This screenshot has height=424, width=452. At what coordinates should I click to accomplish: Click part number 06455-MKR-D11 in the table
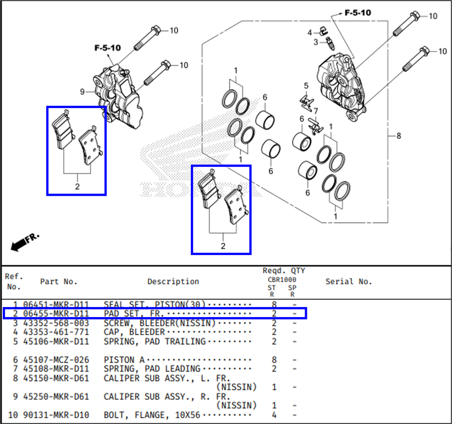55,313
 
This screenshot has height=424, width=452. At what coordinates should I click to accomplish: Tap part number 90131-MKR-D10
55,415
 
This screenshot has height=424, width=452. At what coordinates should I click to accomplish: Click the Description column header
173,281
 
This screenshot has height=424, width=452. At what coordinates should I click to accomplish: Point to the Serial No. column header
349,281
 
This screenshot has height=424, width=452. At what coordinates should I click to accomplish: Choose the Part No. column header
59,281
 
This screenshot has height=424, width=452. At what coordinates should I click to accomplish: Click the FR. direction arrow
25,242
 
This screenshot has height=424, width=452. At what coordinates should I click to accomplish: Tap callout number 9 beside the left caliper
82,92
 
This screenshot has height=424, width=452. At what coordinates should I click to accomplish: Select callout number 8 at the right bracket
398,136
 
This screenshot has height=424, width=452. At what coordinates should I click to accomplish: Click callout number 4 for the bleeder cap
310,32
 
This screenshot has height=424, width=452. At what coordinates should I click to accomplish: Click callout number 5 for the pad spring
306,86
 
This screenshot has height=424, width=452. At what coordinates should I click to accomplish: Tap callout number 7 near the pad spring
316,110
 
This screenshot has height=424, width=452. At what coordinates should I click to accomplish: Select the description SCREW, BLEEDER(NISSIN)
159,322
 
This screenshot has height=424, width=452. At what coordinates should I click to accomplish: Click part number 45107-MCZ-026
55,359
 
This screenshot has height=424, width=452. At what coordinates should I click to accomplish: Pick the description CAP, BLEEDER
134,332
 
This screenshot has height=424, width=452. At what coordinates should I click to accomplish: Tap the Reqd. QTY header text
284,271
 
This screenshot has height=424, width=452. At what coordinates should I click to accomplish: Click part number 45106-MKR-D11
55,341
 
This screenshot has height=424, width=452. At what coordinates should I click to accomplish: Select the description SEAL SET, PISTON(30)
154,304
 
